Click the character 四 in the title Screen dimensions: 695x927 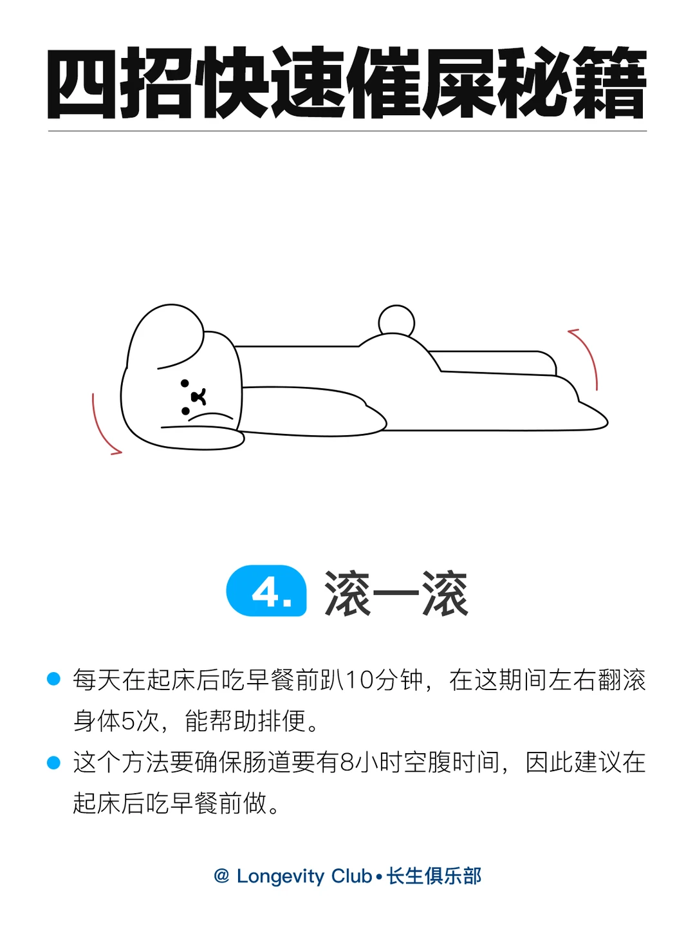[81, 84]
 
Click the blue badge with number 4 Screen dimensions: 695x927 [266, 590]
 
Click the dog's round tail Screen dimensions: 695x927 [396, 321]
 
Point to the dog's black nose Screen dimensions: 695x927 [198, 397]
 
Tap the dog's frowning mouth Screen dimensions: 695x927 [210, 417]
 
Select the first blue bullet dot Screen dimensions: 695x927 [53, 679]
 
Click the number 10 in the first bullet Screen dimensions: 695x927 [358, 680]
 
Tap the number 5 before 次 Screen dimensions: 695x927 [127, 721]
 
